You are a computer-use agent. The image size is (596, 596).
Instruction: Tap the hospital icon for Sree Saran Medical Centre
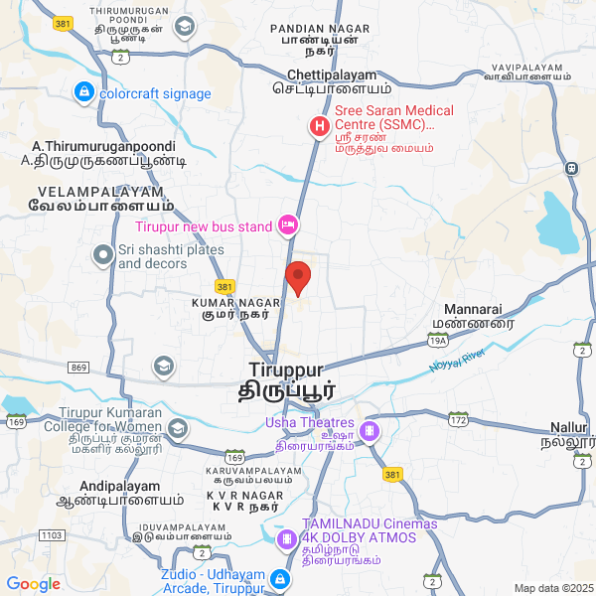click(x=319, y=127)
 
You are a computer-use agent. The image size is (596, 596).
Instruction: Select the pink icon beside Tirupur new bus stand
click(x=288, y=226)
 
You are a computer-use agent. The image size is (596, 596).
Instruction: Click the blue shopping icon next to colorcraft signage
click(x=83, y=93)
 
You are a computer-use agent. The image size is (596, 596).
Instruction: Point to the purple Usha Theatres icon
click(x=370, y=431)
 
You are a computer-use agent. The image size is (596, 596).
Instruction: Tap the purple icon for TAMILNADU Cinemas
click(x=288, y=539)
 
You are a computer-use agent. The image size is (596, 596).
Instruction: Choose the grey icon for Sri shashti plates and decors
click(x=102, y=256)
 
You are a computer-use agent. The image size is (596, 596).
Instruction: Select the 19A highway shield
click(x=438, y=341)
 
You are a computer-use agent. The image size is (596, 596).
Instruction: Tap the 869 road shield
click(x=78, y=368)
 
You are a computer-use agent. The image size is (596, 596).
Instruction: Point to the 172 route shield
click(x=457, y=421)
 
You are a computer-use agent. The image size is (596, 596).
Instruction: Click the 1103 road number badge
click(x=51, y=535)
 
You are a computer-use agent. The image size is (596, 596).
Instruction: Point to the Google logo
click(x=34, y=584)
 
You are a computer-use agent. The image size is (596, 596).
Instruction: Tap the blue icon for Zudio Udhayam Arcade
click(x=281, y=579)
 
